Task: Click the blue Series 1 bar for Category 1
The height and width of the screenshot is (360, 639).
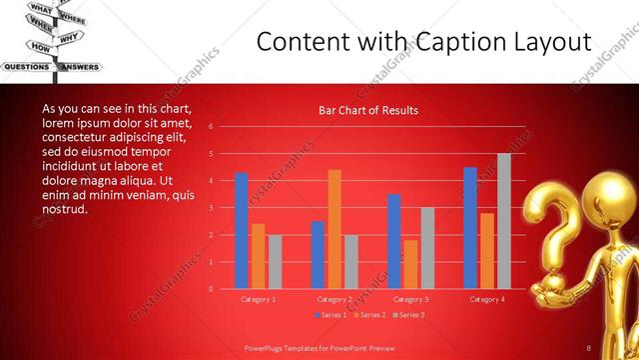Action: (x=242, y=230)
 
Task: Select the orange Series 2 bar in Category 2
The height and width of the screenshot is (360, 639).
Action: (x=334, y=229)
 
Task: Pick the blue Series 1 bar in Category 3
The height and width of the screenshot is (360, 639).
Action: (x=394, y=241)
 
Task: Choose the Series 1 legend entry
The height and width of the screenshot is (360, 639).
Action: (x=332, y=315)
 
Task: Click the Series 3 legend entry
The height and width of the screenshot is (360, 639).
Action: (x=408, y=315)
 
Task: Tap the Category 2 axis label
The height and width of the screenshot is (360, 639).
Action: (x=334, y=299)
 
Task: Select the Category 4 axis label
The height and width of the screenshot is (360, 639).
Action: (x=487, y=299)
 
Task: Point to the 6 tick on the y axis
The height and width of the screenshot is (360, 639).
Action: (x=211, y=126)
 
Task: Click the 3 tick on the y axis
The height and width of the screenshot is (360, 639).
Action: (x=211, y=207)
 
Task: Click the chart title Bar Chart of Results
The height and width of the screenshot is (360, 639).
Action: (x=368, y=110)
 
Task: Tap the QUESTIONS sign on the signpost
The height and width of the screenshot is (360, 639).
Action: (x=27, y=67)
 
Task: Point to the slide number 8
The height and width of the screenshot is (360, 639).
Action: (x=589, y=346)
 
